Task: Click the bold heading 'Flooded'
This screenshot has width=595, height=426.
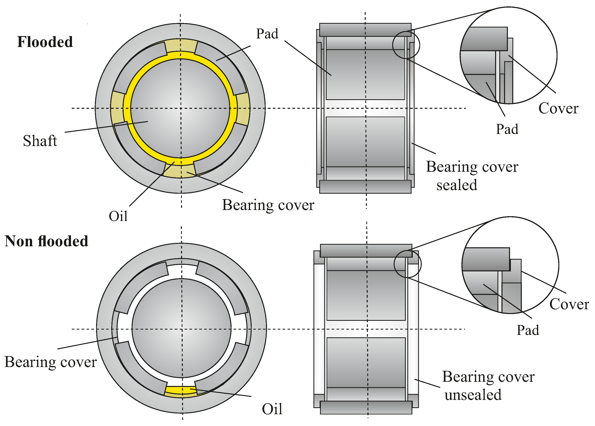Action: click(x=45, y=42)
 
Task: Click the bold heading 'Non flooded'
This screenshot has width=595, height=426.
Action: click(x=46, y=241)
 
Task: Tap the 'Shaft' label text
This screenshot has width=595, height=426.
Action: click(x=40, y=141)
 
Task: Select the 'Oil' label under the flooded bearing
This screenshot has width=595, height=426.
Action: click(x=118, y=216)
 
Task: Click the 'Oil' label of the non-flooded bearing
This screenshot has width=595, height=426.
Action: click(x=272, y=409)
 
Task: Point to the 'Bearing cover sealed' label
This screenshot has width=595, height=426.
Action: click(x=472, y=176)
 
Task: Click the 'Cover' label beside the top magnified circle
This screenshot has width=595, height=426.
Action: click(x=558, y=108)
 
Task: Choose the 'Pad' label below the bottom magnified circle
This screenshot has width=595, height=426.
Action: click(x=528, y=330)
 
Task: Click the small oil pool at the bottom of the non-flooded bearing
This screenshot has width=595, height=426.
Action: click(x=181, y=390)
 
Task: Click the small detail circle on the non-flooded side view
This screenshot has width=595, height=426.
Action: click(x=407, y=264)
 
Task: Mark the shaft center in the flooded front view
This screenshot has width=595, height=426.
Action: click(x=180, y=108)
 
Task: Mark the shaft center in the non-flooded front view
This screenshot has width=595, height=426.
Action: click(x=181, y=329)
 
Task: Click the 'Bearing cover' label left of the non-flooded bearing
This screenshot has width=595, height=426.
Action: click(x=51, y=362)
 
